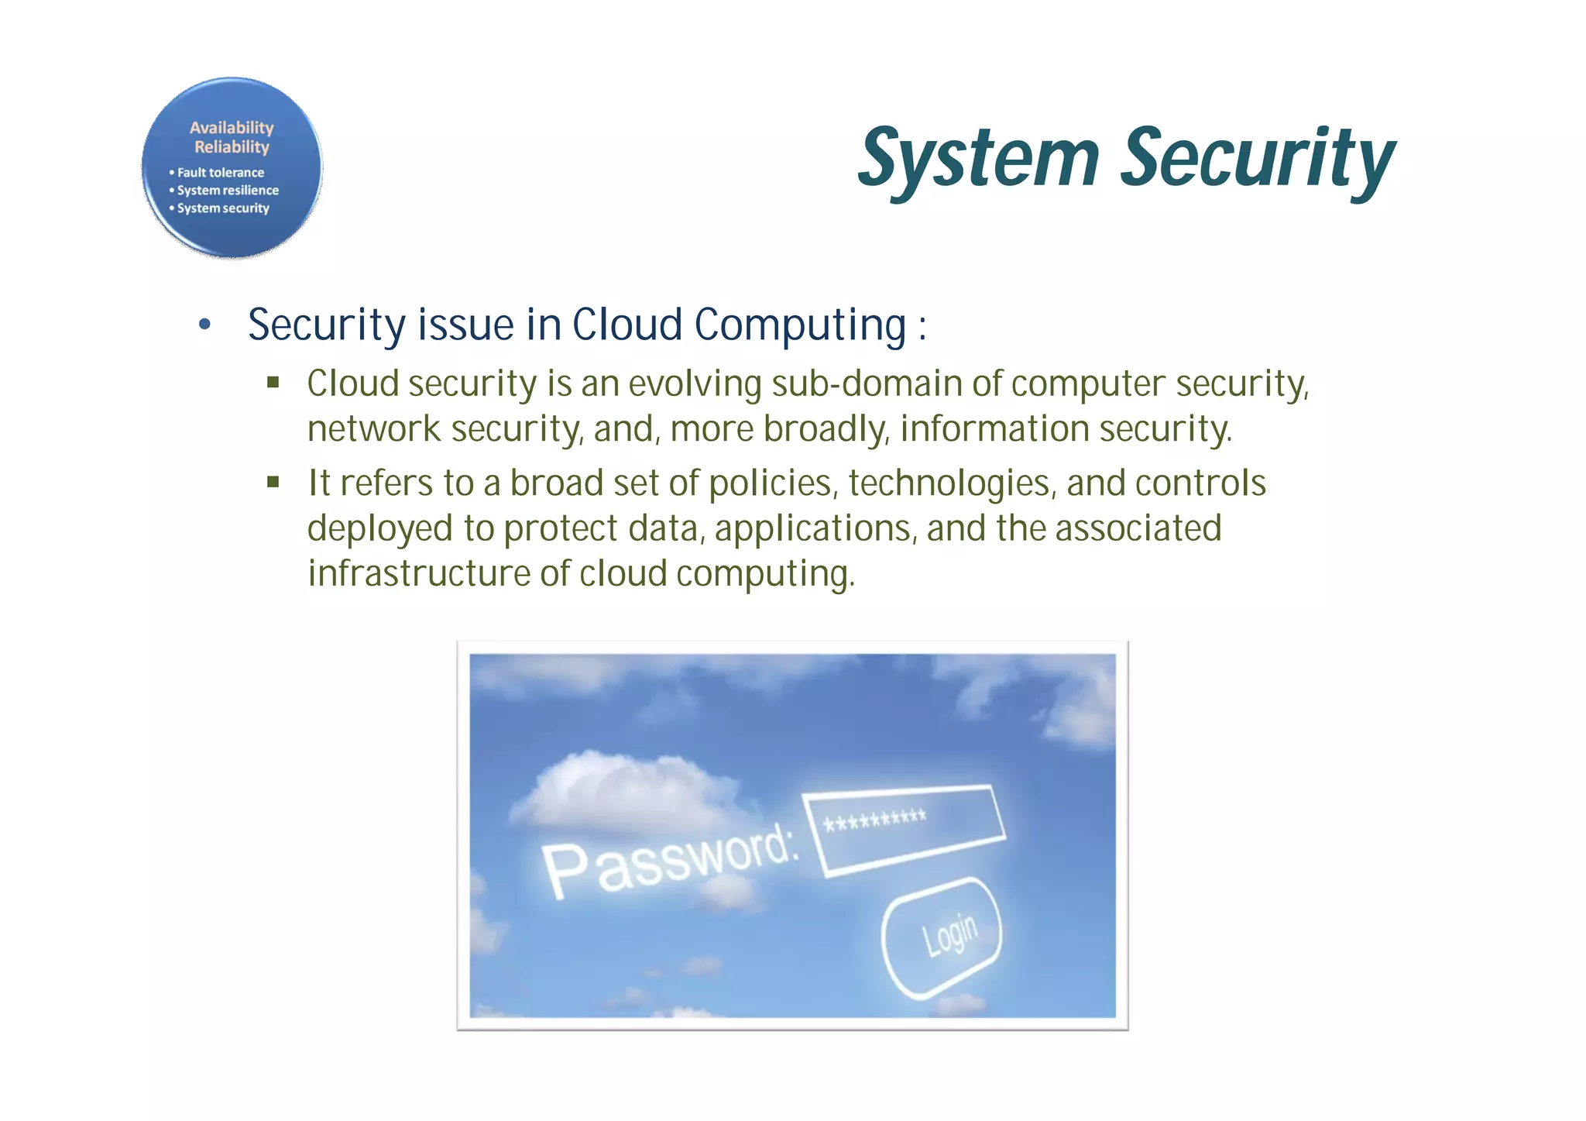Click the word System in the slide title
pyautogui.click(x=980, y=159)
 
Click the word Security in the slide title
pyautogui.click(x=1258, y=159)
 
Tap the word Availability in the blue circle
pyautogui.click(x=232, y=128)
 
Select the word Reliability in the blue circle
pyautogui.click(x=232, y=147)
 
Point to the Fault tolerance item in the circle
pyautogui.click(x=220, y=173)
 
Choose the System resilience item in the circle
pyautogui.click(x=228, y=191)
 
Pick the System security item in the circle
pyautogui.click(x=223, y=208)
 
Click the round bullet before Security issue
pyautogui.click(x=204, y=325)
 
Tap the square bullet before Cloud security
pyautogui.click(x=273, y=382)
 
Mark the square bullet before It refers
pyautogui.click(x=273, y=482)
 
